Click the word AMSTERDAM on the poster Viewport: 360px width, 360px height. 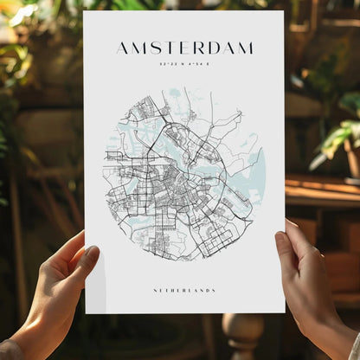coord(184,48)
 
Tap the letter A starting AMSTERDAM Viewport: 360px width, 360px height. coord(122,48)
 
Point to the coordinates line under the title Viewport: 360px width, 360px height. coord(184,63)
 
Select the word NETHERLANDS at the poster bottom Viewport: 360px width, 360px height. coord(183,291)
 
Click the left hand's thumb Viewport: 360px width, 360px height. coord(87,258)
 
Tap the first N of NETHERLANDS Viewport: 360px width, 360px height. coord(153,291)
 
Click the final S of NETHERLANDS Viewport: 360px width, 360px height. coord(214,291)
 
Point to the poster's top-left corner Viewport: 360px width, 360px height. coord(85,12)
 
